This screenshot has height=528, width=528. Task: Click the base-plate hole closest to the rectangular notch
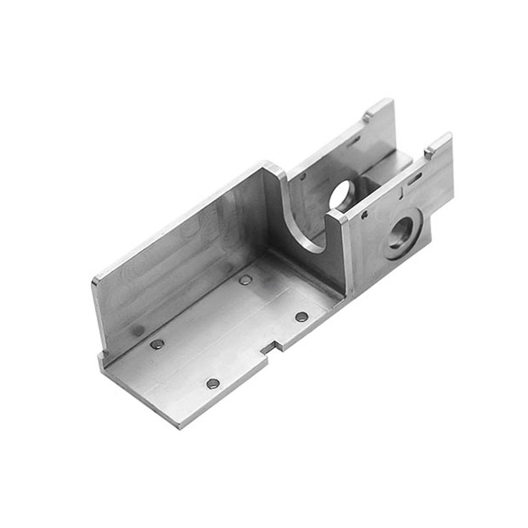[302, 317]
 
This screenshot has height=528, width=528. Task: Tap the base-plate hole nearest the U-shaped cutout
[246, 280]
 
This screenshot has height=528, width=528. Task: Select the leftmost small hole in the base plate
[157, 344]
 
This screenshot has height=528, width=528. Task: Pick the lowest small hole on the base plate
[212, 383]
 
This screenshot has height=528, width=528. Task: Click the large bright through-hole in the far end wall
[343, 192]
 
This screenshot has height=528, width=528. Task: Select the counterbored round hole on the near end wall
[400, 232]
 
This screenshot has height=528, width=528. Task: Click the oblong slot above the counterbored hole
[414, 178]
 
